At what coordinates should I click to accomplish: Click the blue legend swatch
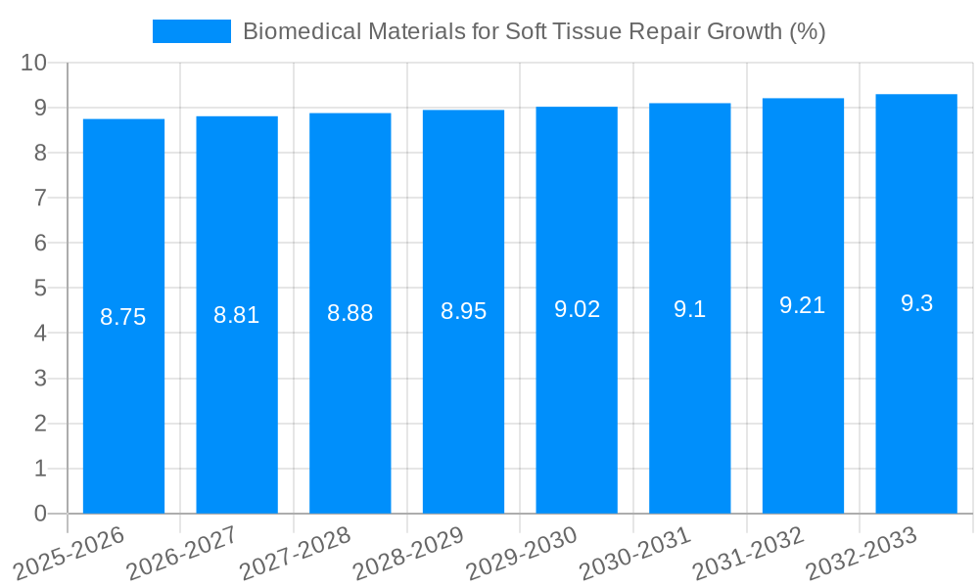(192, 31)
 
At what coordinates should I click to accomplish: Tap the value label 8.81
(237, 315)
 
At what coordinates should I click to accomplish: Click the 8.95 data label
(463, 311)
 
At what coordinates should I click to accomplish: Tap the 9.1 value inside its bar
(689, 309)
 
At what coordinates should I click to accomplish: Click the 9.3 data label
(916, 303)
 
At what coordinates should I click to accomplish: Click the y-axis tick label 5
(40, 288)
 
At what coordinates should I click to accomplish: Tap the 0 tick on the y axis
(40, 514)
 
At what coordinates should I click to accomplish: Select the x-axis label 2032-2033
(859, 554)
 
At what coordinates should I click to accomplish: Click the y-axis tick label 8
(40, 153)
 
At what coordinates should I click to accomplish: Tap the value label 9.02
(577, 309)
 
